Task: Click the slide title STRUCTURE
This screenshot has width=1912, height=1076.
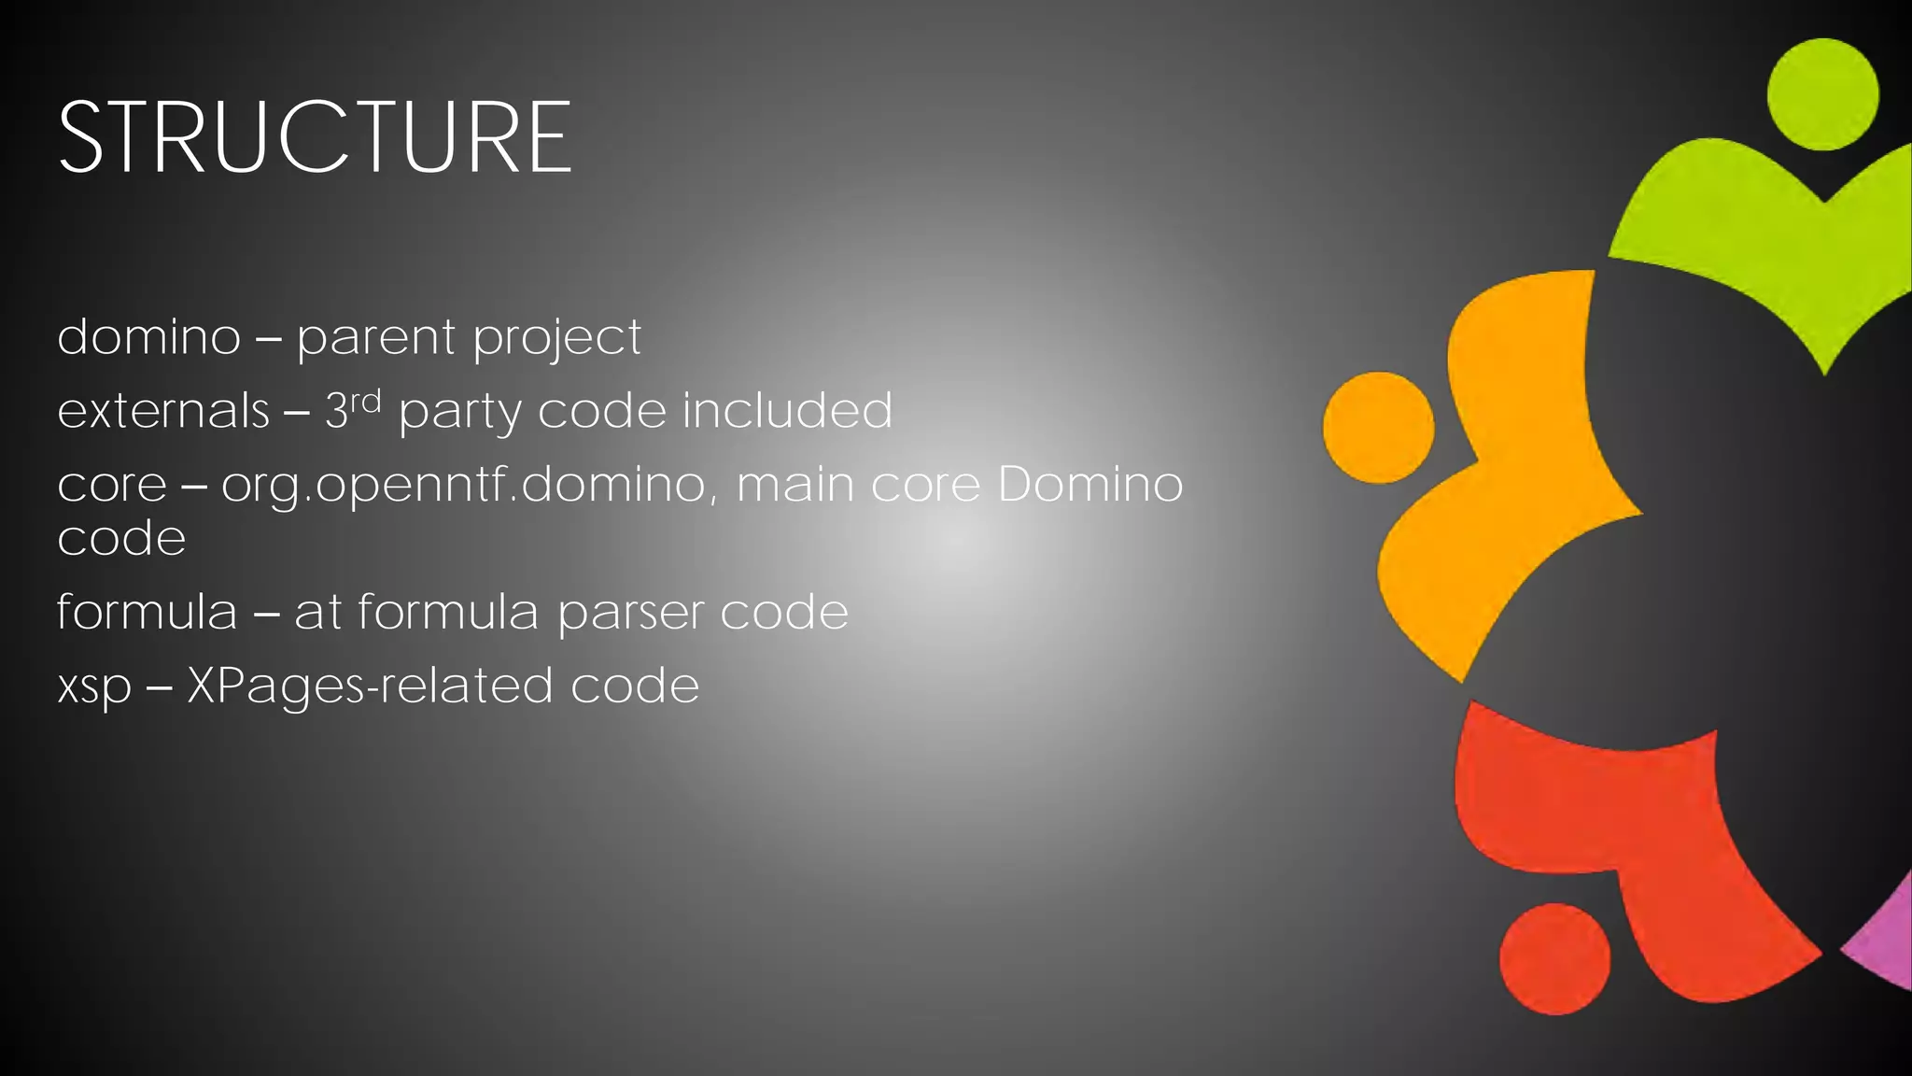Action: [x=315, y=137]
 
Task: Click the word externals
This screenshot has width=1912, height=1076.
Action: [x=163, y=410]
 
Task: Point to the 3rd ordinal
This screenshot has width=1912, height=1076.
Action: [x=353, y=408]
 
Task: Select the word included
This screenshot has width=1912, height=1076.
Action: [x=787, y=410]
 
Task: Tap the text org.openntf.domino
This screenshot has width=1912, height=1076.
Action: [x=463, y=486]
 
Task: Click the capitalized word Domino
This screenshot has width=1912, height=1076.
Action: [x=1090, y=484]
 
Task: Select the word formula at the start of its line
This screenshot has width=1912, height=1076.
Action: [x=147, y=612]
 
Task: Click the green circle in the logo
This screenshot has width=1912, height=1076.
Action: [x=1822, y=94]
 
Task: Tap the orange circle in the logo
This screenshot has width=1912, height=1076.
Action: [x=1378, y=428]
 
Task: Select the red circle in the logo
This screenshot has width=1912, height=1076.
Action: [x=1554, y=958]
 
